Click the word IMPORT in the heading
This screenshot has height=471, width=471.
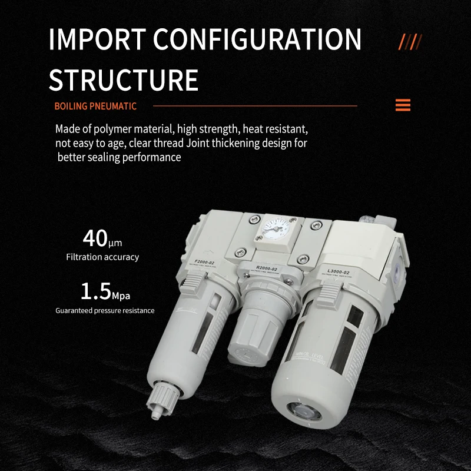point(94,39)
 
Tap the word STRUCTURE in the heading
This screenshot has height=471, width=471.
point(123,79)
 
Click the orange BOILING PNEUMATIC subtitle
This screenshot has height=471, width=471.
point(95,107)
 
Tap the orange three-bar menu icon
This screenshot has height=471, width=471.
point(403,105)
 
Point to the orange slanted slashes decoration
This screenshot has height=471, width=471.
point(410,42)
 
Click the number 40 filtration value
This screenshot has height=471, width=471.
point(94,238)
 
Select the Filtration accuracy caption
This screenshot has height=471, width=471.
point(102,257)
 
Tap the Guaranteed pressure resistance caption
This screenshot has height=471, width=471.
point(105,310)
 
